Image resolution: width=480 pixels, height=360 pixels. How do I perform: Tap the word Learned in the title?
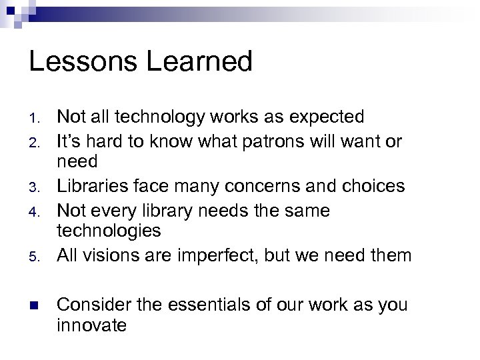pos(199,63)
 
